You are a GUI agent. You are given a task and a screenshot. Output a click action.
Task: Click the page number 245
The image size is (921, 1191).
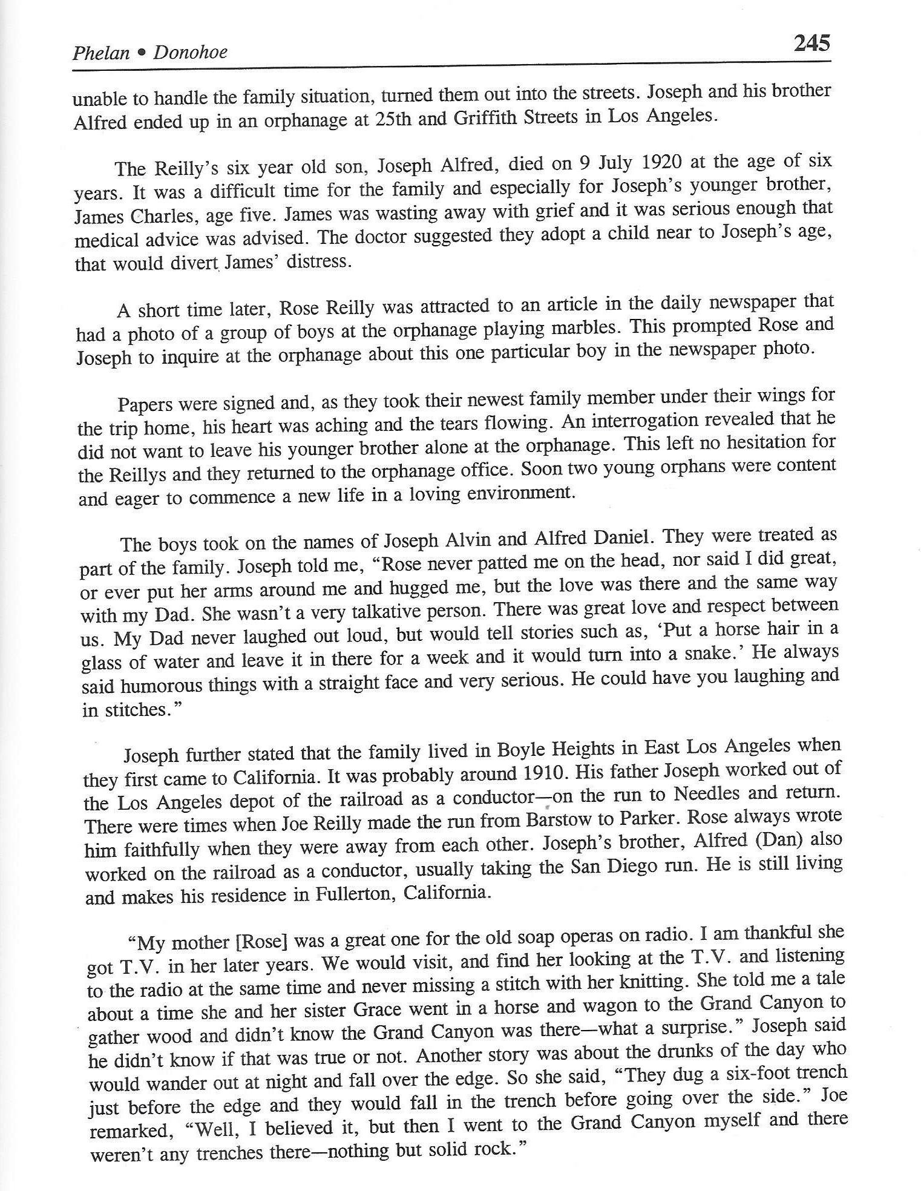(x=811, y=44)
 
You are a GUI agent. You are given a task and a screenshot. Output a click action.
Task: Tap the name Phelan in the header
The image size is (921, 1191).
(x=100, y=53)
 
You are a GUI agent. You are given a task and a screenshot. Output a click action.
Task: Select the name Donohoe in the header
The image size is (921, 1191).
(x=190, y=53)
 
